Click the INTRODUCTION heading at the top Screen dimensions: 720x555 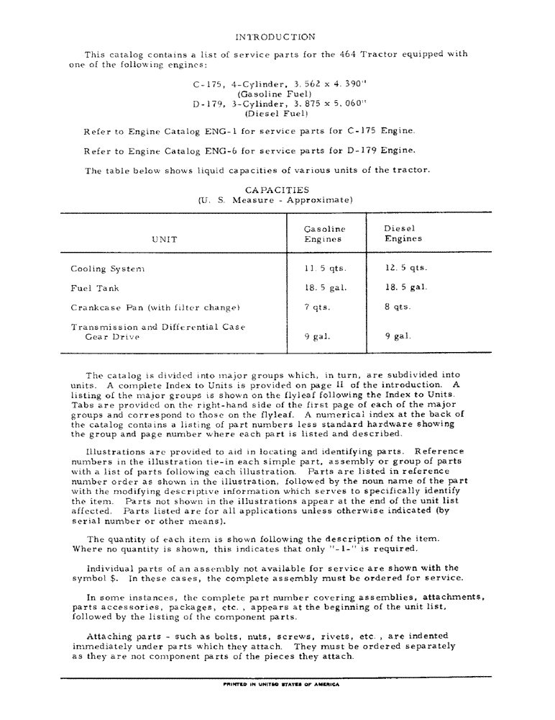[x=275, y=36]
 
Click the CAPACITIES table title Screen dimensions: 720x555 [x=276, y=189]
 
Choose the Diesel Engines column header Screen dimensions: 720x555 [x=403, y=233]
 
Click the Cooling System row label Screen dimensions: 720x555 [x=108, y=269]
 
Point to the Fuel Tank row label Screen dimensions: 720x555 [x=95, y=288]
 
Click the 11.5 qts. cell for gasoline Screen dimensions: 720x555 [x=325, y=269]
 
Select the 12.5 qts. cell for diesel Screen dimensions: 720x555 [x=406, y=268]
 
